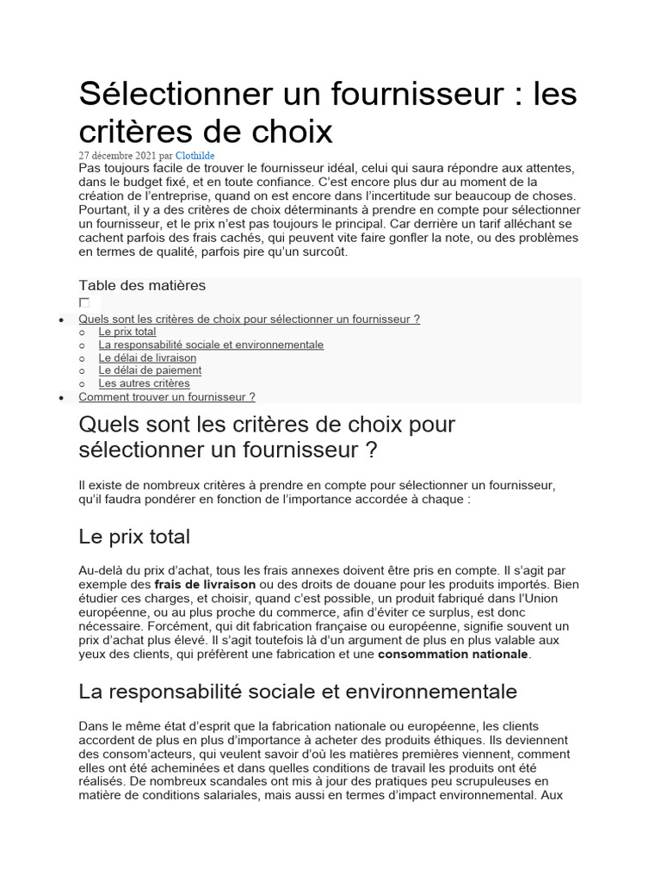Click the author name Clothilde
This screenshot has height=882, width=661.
click(x=195, y=155)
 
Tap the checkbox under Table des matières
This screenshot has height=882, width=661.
click(x=84, y=302)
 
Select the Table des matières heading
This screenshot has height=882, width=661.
click(x=142, y=285)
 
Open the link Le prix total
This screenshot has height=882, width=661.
click(x=127, y=332)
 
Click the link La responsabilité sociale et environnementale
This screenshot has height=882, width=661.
click(x=211, y=345)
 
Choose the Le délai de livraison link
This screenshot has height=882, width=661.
click(x=147, y=357)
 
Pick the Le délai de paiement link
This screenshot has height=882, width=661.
click(x=150, y=370)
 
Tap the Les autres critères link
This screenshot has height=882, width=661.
click(x=144, y=383)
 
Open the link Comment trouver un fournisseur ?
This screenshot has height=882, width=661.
click(x=166, y=397)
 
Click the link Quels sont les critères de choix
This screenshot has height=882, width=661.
click(x=249, y=319)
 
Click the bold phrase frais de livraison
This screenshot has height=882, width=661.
click(x=205, y=584)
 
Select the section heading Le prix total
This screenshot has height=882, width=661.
click(x=134, y=537)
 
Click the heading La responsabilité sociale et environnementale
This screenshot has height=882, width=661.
click(x=298, y=692)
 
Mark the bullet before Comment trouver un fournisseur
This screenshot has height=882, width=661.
click(x=60, y=398)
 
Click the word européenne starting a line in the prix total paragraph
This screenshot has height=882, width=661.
click(x=110, y=612)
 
